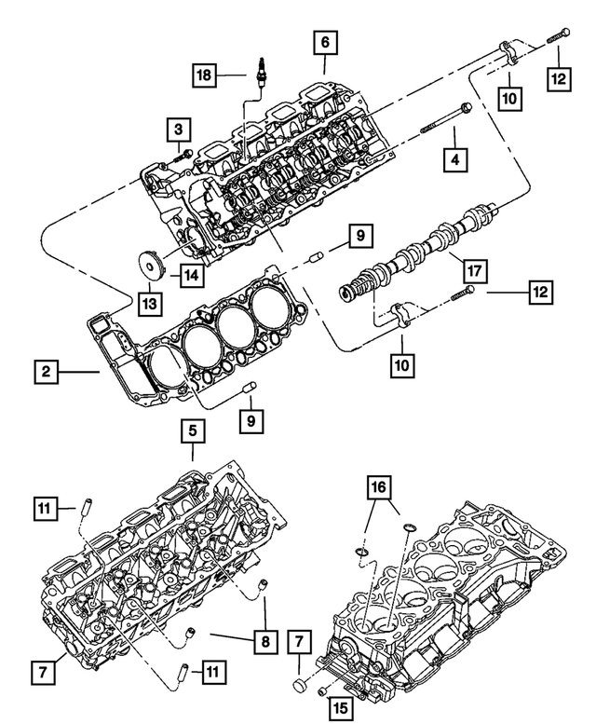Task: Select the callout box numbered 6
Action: click(x=324, y=42)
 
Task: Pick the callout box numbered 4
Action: click(x=454, y=160)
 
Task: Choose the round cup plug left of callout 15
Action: click(x=300, y=687)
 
